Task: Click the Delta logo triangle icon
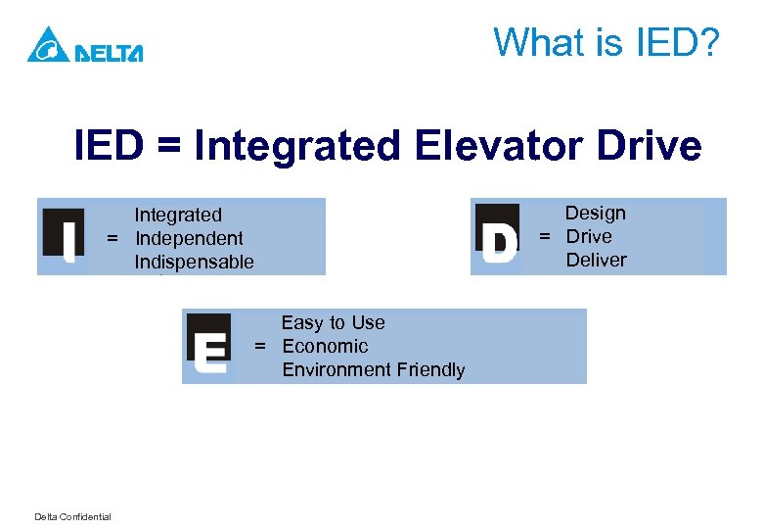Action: pyautogui.click(x=47, y=45)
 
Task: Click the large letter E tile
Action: pyautogui.click(x=208, y=347)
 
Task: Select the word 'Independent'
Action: pyautogui.click(x=189, y=238)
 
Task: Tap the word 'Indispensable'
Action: pyautogui.click(x=194, y=262)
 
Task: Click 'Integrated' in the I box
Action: pyautogui.click(x=178, y=215)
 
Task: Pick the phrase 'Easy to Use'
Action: pyautogui.click(x=333, y=322)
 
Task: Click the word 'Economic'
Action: pyautogui.click(x=325, y=346)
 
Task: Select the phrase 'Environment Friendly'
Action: pyautogui.click(x=373, y=369)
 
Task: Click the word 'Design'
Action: pyautogui.click(x=595, y=213)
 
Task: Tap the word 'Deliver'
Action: pyautogui.click(x=596, y=260)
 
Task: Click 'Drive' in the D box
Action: pyautogui.click(x=589, y=236)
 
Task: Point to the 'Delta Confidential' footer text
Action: pyautogui.click(x=72, y=517)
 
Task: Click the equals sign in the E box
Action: pyautogui.click(x=261, y=346)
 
